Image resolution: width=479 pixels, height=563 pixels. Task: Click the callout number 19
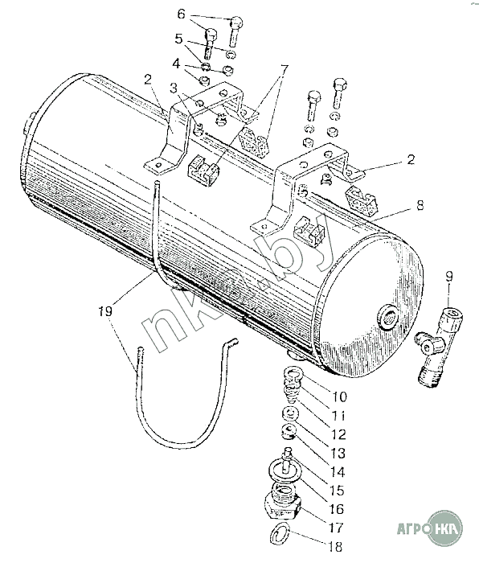[106, 310]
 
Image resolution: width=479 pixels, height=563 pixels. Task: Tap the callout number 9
[448, 277]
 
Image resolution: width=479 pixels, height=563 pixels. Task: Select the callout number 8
[420, 206]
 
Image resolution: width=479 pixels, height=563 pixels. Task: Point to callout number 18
[335, 546]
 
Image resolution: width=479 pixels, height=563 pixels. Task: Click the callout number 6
[182, 14]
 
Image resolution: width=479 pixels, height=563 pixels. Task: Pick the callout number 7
[284, 68]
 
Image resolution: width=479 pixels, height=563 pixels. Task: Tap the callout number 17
[336, 528]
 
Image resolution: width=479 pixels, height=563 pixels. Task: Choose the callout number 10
[339, 397]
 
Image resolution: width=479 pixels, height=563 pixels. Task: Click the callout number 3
[174, 88]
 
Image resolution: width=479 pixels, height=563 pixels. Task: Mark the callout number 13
[338, 453]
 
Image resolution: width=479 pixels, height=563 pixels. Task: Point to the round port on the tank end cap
[387, 317]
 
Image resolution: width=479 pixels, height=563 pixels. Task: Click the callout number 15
[336, 490]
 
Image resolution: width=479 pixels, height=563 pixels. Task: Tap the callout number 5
[179, 39]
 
